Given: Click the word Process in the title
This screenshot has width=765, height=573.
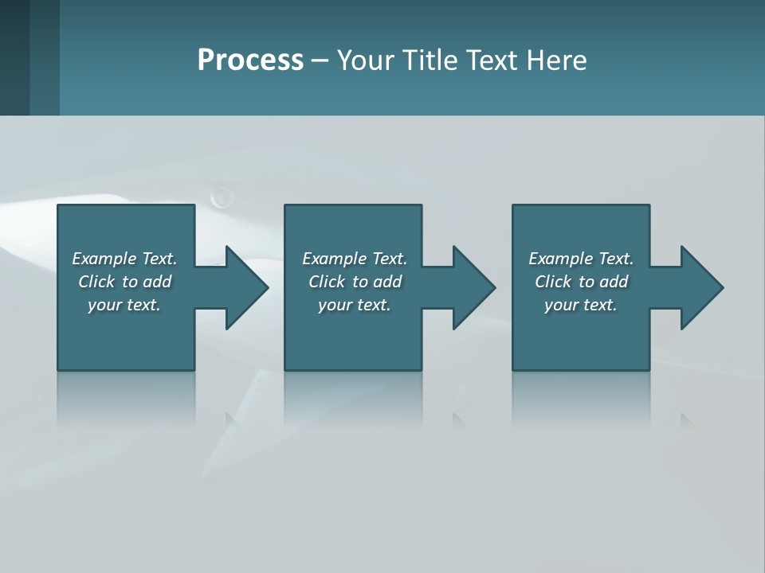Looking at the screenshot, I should (250, 60).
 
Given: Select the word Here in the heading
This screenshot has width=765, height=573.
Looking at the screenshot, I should (556, 60).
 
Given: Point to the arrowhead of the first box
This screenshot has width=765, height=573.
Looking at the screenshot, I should (246, 287).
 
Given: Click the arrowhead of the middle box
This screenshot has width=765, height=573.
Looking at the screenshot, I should (473, 287).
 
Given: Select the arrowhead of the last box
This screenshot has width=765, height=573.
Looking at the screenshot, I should (701, 287).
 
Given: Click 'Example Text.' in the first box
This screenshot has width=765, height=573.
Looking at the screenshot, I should (124, 259).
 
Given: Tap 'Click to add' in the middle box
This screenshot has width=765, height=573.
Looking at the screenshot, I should (355, 282).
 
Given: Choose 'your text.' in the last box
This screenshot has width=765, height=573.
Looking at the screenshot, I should (581, 305).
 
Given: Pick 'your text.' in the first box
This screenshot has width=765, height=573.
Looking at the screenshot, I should (124, 305).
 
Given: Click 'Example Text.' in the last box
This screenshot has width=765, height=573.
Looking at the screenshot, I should (581, 259).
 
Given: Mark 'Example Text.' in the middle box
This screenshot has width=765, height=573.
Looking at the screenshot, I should (355, 259).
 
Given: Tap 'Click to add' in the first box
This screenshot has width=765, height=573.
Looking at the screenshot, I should (124, 282).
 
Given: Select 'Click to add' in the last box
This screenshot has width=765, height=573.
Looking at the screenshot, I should (581, 282).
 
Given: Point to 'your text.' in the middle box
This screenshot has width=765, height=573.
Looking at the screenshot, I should (355, 305).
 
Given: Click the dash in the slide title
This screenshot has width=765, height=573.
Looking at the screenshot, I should (320, 61).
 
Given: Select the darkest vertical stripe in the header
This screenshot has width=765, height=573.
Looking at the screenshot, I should (14, 57).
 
